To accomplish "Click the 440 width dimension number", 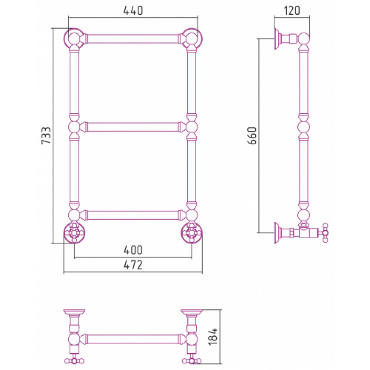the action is point(133,11).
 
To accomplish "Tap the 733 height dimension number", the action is point(46,136).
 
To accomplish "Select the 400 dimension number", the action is point(133,250).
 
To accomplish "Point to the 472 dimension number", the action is point(133,265).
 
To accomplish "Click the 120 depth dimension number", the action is point(292,11).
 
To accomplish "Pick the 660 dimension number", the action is point(252,136).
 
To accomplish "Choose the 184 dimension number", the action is point(213,337).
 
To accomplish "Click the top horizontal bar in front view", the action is point(133,39).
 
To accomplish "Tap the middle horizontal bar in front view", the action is point(133,127).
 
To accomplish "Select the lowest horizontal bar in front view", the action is point(133,215).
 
